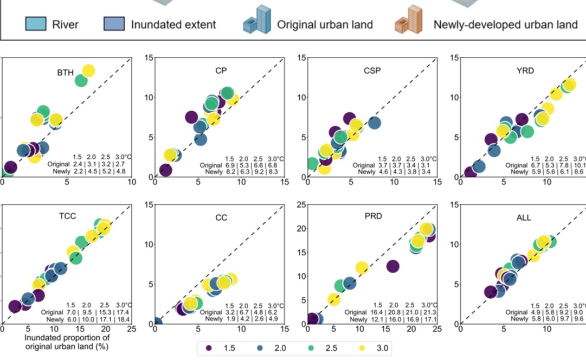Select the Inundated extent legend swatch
tap(113, 24)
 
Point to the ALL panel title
tap(524, 218)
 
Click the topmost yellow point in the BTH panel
tap(88, 70)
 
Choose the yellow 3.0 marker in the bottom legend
tap(362, 348)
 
